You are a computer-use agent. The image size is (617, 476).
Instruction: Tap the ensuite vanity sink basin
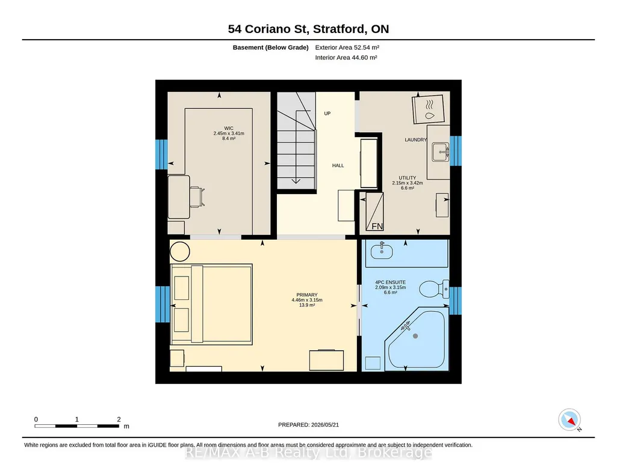382,252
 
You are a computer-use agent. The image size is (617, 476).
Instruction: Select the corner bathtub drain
415,336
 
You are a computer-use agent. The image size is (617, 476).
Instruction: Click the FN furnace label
377,226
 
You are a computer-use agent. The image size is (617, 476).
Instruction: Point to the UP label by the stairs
327,114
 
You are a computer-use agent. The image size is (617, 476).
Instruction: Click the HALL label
338,166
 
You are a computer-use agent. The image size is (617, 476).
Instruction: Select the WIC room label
229,129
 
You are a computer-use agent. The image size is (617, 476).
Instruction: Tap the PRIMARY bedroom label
307,295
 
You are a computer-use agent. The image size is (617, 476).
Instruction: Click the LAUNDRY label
415,140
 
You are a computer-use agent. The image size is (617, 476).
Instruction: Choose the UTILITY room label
408,178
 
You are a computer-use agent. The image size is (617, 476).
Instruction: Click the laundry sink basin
440,152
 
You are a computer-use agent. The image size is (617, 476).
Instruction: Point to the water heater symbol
429,109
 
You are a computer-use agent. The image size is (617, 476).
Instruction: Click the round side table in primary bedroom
180,251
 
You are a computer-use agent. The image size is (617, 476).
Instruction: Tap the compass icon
569,420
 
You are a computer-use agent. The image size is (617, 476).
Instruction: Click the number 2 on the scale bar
119,420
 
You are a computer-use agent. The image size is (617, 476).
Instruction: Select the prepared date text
308,424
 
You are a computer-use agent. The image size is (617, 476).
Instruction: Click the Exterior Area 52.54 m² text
347,47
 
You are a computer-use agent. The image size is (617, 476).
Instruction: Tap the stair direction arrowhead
296,181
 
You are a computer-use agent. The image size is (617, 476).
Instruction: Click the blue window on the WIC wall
162,154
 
